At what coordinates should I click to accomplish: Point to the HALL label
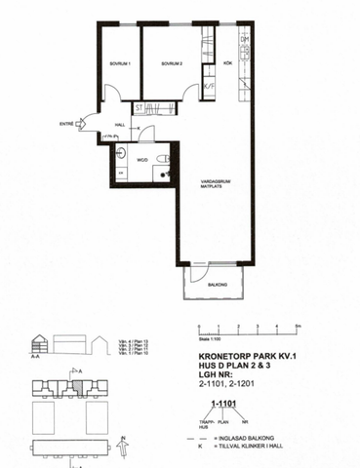120,125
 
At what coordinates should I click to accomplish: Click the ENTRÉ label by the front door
66,124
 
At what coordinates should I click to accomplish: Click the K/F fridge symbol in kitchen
208,86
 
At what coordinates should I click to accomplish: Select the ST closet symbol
140,106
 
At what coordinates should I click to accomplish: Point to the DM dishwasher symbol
245,40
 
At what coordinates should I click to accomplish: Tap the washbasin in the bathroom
123,154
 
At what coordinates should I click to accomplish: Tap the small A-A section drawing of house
41,344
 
